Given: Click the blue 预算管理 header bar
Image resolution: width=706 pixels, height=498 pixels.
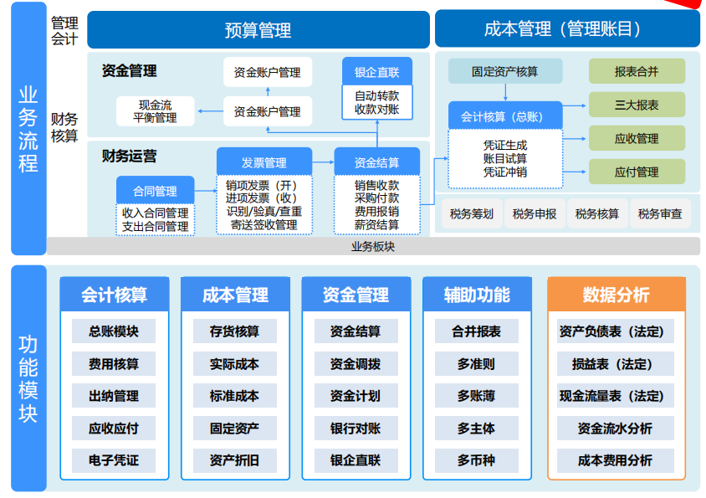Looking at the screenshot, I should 258,30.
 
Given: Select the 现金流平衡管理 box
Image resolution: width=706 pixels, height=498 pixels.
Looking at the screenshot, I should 155,111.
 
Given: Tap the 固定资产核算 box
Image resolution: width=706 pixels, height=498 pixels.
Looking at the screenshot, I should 504,71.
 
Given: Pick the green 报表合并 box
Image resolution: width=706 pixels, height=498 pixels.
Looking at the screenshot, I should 637,71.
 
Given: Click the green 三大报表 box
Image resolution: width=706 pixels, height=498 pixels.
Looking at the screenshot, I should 637,105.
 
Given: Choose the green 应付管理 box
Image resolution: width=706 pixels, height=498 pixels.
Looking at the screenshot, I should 637,172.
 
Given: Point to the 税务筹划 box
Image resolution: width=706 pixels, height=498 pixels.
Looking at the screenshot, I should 471,214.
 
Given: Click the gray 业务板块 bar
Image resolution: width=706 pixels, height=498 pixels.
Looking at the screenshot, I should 373,246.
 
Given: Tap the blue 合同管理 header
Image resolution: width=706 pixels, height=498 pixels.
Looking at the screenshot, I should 155,191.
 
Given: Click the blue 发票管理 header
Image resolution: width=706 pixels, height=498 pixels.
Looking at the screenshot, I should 264,162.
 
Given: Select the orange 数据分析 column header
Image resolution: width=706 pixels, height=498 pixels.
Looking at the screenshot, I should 616,295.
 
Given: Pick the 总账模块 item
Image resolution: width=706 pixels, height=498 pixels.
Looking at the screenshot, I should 114,331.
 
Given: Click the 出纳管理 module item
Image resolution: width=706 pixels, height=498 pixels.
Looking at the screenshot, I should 114,396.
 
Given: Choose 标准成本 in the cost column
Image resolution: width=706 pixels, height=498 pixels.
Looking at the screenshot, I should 234,396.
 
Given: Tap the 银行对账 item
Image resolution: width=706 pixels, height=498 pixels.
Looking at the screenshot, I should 356,429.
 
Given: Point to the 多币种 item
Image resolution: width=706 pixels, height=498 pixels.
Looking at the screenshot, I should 476,460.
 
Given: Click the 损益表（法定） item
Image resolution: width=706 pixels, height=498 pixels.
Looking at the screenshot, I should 616,364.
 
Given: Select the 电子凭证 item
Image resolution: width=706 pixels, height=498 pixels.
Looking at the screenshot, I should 114,460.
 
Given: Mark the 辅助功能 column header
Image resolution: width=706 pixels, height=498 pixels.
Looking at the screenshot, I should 476,295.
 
